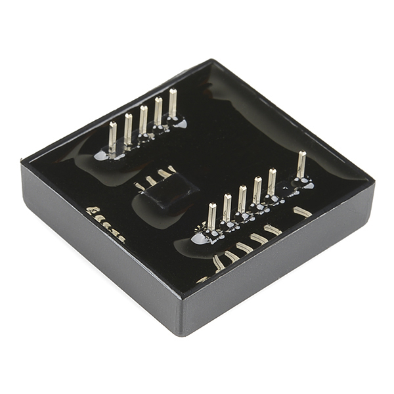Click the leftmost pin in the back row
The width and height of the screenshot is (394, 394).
pyautogui.click(x=113, y=137)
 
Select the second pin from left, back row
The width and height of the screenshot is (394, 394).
pyautogui.click(x=128, y=129)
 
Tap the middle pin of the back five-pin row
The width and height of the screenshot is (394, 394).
pyautogui.click(x=143, y=120)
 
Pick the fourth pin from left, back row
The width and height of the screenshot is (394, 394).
pyautogui.click(x=158, y=111)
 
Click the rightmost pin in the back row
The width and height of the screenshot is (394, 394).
pyautogui.click(x=173, y=103)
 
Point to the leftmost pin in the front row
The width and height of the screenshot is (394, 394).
pyautogui.click(x=212, y=217)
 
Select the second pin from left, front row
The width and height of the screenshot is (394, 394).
pyautogui.click(x=227, y=208)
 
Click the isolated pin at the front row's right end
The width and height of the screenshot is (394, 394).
pyautogui.click(x=301, y=165)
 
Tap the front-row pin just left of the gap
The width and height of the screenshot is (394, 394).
pyautogui.click(x=272, y=182)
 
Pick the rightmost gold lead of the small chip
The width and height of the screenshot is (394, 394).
pyautogui.click(x=172, y=169)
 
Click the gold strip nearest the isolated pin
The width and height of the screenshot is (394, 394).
pyautogui.click(x=303, y=211)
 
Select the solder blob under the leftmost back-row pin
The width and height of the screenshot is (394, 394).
pyautogui.click(x=102, y=156)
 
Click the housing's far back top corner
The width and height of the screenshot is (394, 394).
pyautogui.click(x=212, y=60)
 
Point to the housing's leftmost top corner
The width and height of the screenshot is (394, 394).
pyautogui.click(x=22, y=161)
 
